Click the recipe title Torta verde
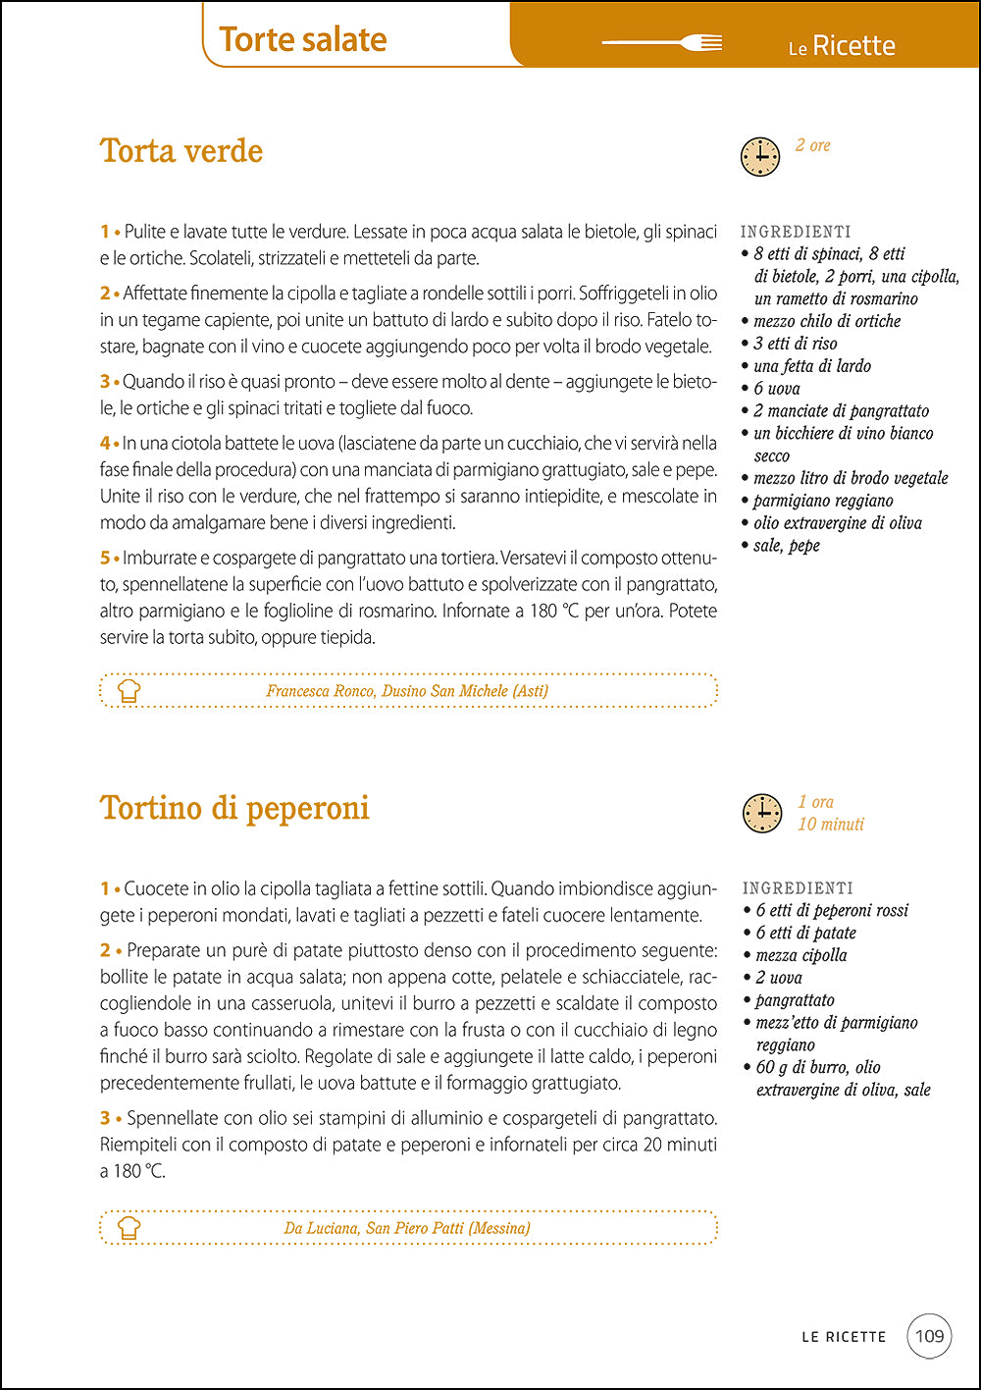click(181, 151)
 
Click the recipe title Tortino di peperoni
click(234, 808)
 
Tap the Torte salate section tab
click(303, 39)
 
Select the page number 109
click(928, 1335)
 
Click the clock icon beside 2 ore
click(759, 157)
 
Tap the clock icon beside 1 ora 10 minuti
click(761, 814)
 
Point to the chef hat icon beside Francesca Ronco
click(129, 690)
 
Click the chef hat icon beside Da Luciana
click(129, 1227)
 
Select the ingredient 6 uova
click(776, 389)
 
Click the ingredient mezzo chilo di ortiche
click(826, 321)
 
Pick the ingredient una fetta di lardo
click(811, 366)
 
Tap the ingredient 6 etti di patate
click(805, 933)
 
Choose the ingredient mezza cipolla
click(800, 955)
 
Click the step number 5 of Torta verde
click(105, 558)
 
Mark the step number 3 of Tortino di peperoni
click(105, 1118)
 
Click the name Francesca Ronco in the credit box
click(320, 691)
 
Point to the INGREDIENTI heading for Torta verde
click(796, 232)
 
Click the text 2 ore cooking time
click(812, 145)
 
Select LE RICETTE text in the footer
click(844, 1337)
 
